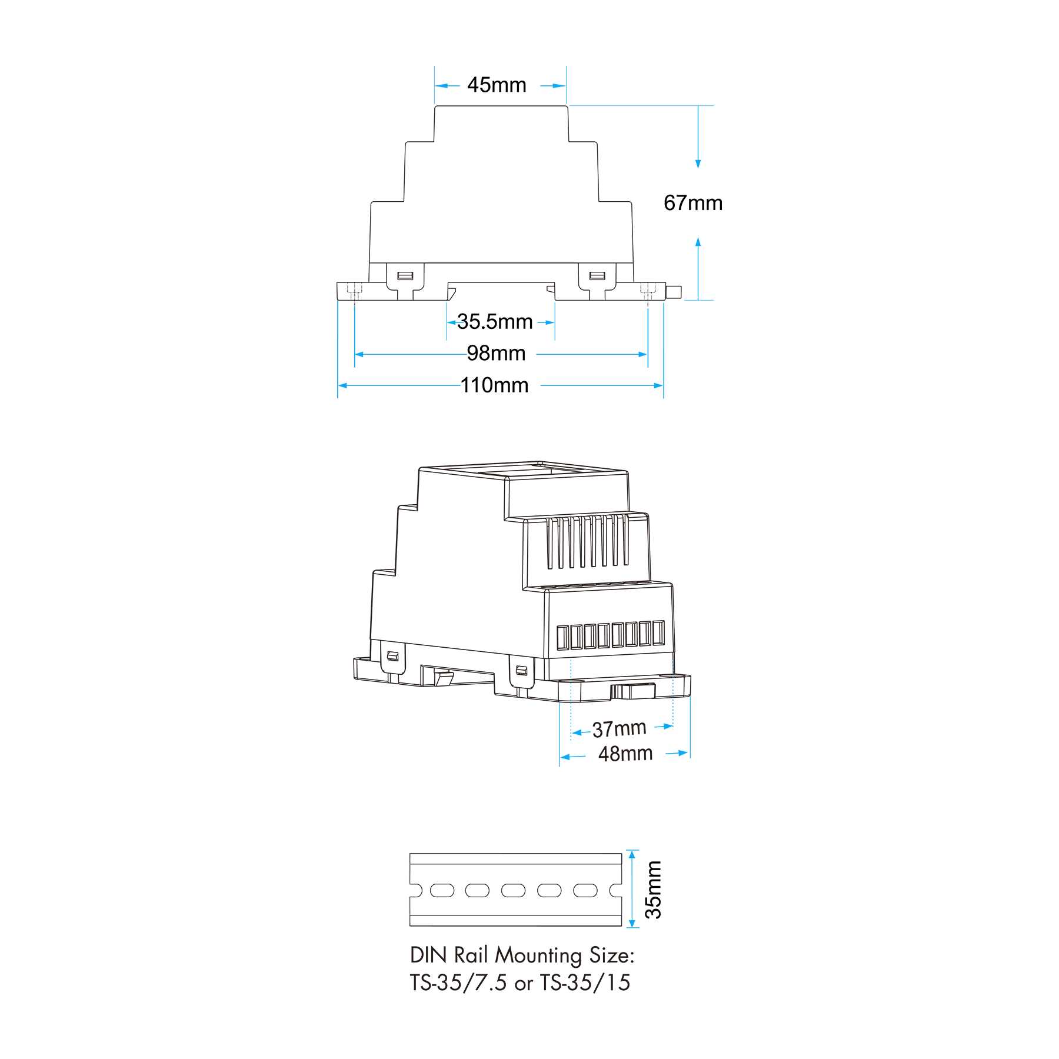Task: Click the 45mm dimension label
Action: [497, 85]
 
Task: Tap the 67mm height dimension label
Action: [693, 203]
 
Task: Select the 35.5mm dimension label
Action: [495, 322]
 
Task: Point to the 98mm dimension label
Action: [496, 353]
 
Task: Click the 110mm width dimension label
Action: [494, 385]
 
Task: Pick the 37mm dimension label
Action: [619, 729]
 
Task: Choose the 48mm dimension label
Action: [625, 754]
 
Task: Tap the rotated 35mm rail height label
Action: [654, 890]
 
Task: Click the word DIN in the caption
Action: [429, 955]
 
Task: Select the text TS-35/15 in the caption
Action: [585, 983]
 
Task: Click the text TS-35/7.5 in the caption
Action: [458, 983]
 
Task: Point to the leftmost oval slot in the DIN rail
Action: [442, 891]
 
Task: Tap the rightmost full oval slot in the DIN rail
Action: [585, 891]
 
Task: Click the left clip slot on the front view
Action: [405, 276]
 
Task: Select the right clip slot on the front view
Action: [597, 276]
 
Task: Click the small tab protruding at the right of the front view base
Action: [674, 292]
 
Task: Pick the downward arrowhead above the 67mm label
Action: [698, 164]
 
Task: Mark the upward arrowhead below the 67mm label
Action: [698, 242]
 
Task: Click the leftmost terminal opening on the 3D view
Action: [562, 638]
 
